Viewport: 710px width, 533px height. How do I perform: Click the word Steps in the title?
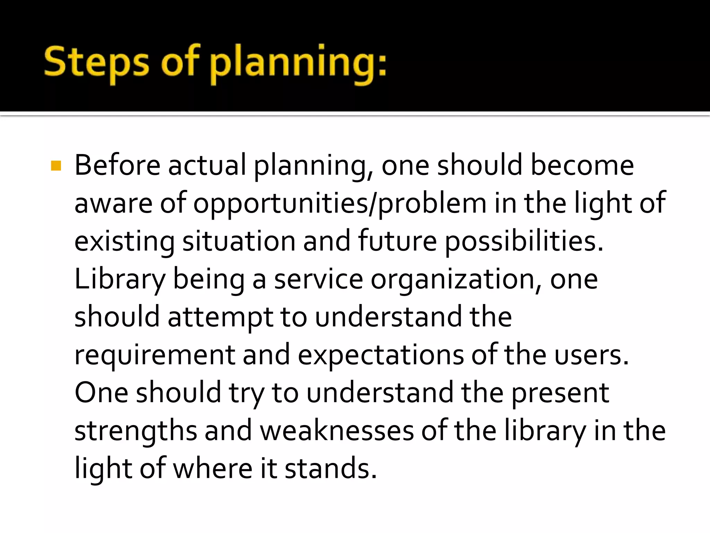coord(96,62)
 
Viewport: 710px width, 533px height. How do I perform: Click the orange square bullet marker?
coord(56,166)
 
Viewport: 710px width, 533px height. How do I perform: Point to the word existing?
coord(124,242)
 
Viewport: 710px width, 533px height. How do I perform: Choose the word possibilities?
coord(523,242)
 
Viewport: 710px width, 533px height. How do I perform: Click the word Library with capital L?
coord(120,280)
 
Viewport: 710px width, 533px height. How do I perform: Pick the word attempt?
coord(220,317)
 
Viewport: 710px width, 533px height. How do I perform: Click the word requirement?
coord(155,355)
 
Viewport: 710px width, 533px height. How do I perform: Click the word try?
coord(246,394)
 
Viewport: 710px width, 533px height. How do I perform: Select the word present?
coord(560,394)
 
